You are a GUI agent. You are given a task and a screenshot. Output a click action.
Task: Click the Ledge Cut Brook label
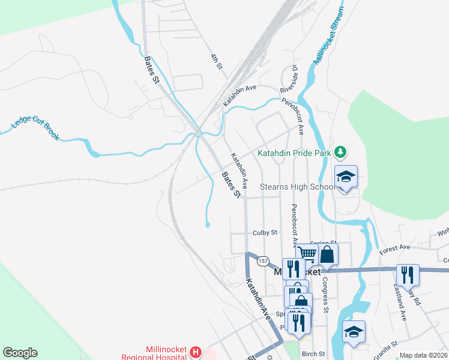pos(36,127)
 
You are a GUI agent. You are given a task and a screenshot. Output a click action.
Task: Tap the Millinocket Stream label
pos(330,35)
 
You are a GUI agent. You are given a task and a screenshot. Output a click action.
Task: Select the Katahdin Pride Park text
pos(294,153)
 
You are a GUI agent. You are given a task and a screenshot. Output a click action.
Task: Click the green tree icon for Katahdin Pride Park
pos(341,152)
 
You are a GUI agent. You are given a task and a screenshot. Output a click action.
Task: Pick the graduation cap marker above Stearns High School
pos(346,176)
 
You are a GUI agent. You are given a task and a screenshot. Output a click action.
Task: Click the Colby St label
pos(265,232)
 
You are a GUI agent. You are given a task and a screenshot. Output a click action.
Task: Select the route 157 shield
pos(262,261)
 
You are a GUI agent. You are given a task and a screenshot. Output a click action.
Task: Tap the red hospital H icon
pos(195,352)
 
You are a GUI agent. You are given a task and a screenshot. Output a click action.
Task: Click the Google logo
pos(20,353)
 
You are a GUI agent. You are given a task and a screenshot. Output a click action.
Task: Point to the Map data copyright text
pos(423,355)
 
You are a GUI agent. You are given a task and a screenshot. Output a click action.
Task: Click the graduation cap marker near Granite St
pos(354,332)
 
